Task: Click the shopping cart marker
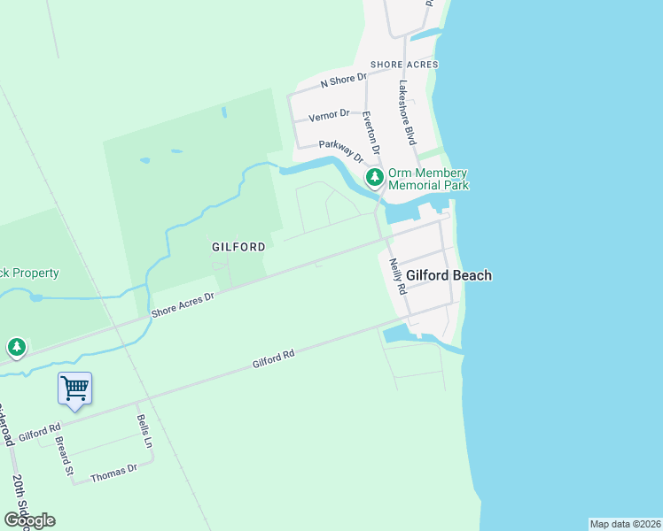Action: point(75,388)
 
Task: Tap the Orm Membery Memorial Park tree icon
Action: point(375,178)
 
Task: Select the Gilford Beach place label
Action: point(448,275)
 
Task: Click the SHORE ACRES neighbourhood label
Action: point(404,65)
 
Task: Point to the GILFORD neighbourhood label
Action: point(238,247)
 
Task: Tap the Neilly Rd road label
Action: point(397,276)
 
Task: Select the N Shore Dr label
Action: point(344,81)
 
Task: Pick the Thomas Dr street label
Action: point(114,473)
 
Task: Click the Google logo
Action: point(29,519)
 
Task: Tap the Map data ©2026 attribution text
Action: point(626,524)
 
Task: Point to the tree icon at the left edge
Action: point(15,347)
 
